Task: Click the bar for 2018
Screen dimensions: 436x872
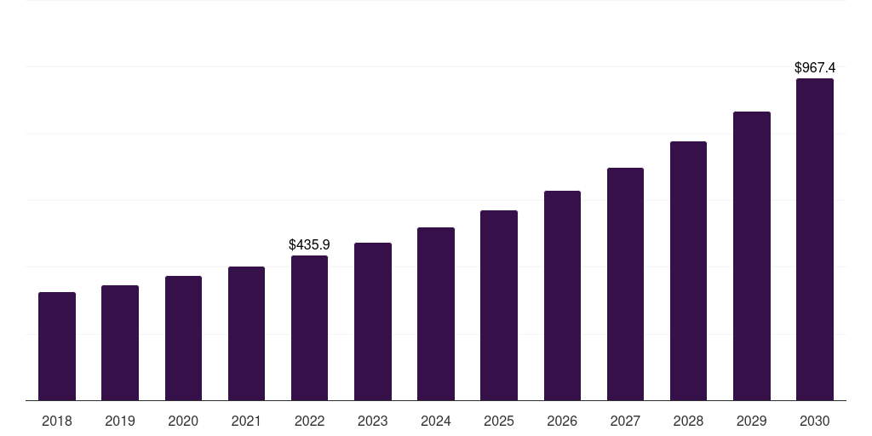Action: coord(57,347)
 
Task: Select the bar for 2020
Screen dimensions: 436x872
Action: coord(183,338)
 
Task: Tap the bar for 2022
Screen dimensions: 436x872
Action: coord(309,328)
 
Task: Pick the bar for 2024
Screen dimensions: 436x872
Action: coord(436,314)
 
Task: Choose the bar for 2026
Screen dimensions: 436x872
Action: coord(562,295)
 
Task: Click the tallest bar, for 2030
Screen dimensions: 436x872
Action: coord(814,239)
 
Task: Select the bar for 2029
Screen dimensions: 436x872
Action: coord(751,256)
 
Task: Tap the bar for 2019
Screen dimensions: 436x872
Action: coord(120,343)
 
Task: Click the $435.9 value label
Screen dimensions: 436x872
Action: coord(309,245)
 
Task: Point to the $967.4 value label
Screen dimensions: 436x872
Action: coord(814,67)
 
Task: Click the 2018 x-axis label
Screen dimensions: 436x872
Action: coord(57,421)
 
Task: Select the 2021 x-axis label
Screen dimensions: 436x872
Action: coord(246,421)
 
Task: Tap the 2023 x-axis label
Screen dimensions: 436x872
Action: coord(372,421)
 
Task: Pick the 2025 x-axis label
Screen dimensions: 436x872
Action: coord(499,421)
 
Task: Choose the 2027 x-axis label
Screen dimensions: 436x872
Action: coord(625,421)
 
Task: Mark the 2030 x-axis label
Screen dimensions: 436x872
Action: coord(814,421)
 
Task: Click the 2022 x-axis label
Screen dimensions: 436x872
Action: coord(309,421)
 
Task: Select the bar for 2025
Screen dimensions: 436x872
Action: coord(499,306)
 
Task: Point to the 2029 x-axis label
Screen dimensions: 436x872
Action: coord(751,421)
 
